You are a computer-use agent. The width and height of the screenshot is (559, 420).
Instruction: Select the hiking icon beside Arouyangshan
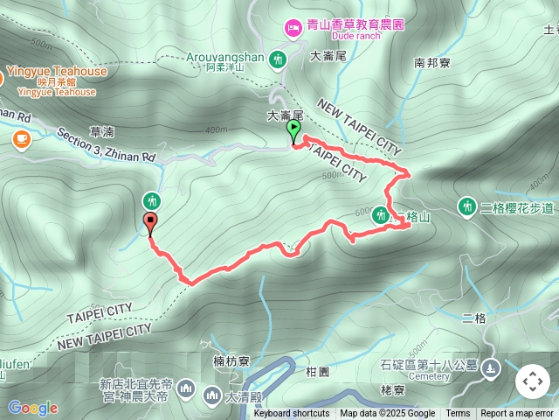click(x=279, y=59)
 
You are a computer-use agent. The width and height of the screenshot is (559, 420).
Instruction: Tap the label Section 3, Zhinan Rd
click(x=106, y=145)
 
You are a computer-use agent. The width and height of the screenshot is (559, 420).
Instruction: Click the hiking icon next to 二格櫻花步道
click(x=467, y=206)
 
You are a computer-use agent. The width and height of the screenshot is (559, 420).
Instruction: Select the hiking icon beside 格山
click(x=380, y=214)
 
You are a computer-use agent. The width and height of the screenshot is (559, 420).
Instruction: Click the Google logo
click(x=32, y=408)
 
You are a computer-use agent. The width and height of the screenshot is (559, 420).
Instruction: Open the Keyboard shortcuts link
click(x=292, y=414)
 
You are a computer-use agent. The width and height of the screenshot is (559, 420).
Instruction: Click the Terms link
click(x=458, y=414)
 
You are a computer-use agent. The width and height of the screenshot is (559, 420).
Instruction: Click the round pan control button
click(x=533, y=381)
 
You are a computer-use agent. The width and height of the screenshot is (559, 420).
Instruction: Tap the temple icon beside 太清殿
click(x=212, y=396)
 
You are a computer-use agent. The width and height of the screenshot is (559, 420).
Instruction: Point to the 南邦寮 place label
click(x=432, y=64)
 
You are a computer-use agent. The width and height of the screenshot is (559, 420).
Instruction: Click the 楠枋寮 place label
click(x=231, y=360)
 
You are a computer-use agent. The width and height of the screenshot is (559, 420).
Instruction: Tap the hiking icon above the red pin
click(x=153, y=200)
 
